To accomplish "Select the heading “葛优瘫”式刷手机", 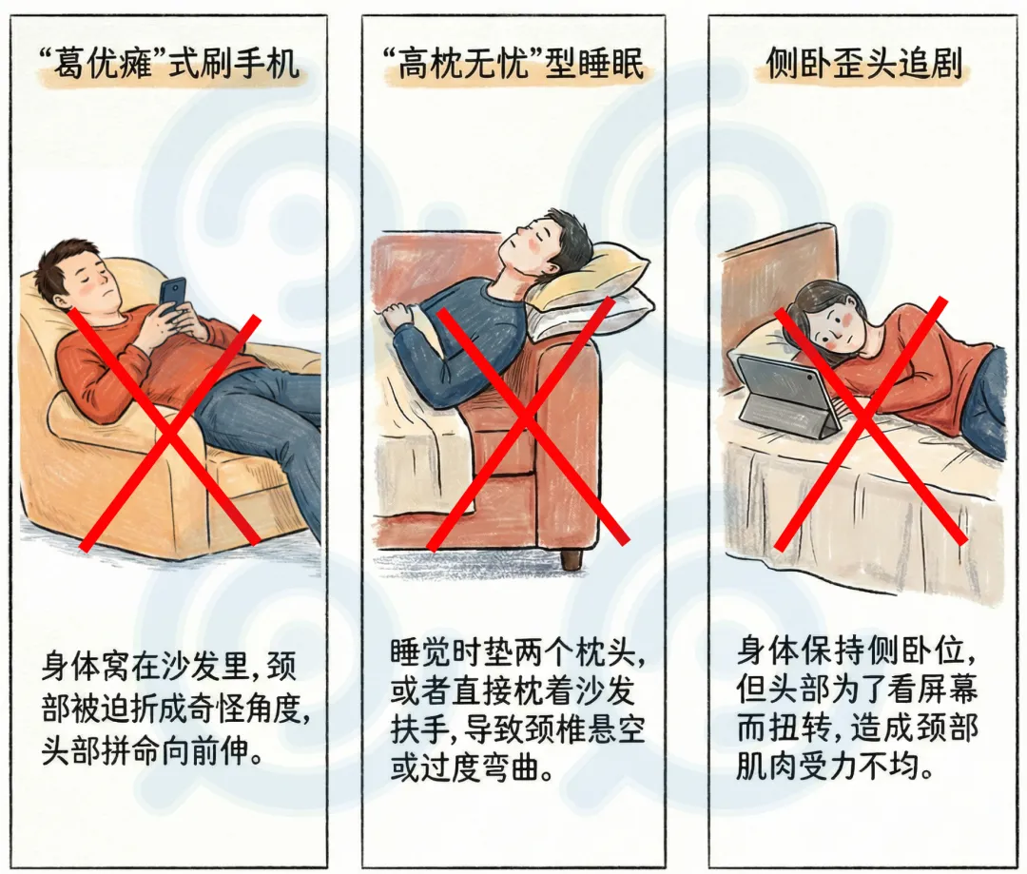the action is point(169,65).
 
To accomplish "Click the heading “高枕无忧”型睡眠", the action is point(513,65).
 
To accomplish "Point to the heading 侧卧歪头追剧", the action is point(863,65).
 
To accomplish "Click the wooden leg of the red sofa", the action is point(572,559).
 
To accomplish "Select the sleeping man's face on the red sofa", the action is point(529,243).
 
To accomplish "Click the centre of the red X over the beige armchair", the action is point(169,432).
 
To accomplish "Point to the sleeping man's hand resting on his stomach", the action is point(397,318).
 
